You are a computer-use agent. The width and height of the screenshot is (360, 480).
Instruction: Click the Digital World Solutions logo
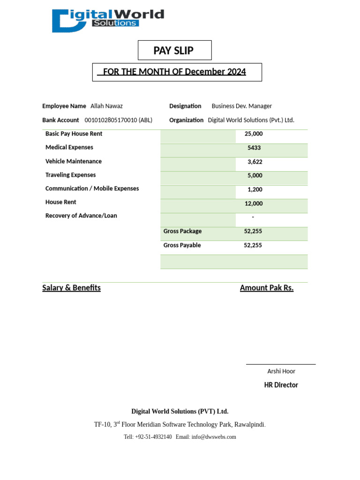tap(108, 21)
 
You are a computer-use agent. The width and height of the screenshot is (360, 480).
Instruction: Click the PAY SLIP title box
tap(174, 51)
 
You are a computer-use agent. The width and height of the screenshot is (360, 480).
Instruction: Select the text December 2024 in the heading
tap(215, 72)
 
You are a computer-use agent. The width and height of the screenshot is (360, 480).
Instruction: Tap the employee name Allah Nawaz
tap(106, 106)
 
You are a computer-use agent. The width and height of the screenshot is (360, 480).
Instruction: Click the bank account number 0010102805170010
tap(111, 120)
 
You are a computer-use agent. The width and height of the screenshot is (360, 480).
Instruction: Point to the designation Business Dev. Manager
tap(241, 106)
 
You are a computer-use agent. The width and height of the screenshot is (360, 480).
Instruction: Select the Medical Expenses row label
tap(69, 148)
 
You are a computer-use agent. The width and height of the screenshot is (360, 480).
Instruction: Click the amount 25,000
tap(254, 134)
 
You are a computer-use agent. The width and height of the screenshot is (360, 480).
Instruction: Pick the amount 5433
tap(254, 148)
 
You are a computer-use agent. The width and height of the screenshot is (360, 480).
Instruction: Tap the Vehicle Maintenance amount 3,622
tap(255, 162)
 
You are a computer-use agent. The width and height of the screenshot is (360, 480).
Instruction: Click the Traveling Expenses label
tap(70, 175)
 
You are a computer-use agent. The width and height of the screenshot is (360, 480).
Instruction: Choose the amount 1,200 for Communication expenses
tap(255, 190)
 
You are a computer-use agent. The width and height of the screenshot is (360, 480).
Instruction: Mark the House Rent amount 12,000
tap(254, 204)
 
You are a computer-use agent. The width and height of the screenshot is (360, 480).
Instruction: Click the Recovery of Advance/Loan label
tap(81, 216)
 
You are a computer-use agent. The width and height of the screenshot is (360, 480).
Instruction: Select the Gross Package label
tap(182, 232)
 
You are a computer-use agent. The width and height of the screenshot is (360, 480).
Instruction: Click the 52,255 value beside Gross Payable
tap(253, 246)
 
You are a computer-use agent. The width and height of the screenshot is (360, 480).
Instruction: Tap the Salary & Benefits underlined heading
tap(71, 288)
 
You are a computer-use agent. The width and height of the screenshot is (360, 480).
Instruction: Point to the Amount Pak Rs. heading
tap(266, 288)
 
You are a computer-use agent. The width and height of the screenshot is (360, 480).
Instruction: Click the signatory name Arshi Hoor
tap(281, 371)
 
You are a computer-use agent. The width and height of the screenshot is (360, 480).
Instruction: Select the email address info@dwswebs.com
tap(214, 437)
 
